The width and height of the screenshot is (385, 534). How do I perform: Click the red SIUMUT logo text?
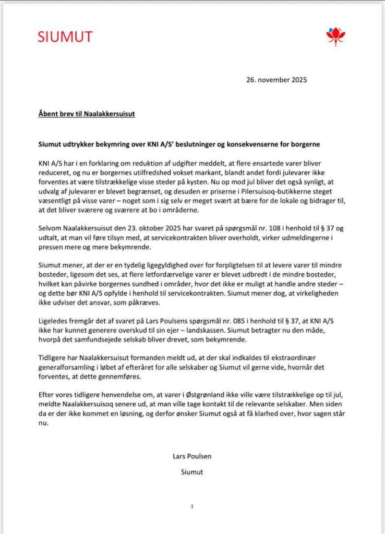coord(65,37)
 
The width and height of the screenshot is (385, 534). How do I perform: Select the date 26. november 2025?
coord(276,80)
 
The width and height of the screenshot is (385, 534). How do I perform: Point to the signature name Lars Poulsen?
coord(192,456)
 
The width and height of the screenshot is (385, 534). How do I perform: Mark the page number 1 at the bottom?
coord(192,506)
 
